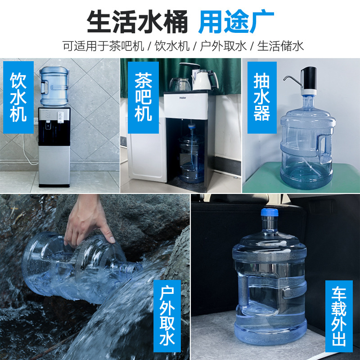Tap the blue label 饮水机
tap(18, 97)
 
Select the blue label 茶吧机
tap(143, 97)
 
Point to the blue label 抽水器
tap(261, 97)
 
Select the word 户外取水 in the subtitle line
tap(224, 46)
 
